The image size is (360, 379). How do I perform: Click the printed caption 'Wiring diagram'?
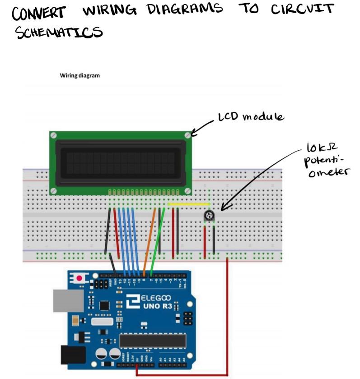tap(80, 76)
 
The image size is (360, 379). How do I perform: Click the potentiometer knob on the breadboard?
tap(209, 217)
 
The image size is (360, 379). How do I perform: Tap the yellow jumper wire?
tap(188, 204)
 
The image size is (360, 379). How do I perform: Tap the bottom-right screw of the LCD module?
tap(187, 190)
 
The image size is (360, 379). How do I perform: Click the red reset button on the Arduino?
tap(80, 278)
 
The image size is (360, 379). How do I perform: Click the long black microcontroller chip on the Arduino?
tap(152, 341)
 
